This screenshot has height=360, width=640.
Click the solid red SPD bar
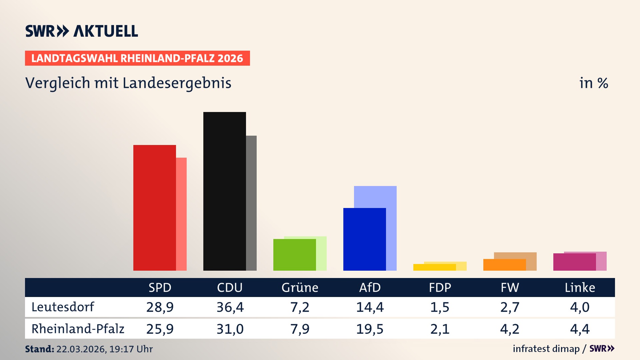[154, 207]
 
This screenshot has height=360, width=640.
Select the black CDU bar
[224, 191]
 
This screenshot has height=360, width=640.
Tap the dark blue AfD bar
[364, 239]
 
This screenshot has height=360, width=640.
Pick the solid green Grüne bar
[294, 255]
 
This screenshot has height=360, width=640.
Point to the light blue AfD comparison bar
[375, 197]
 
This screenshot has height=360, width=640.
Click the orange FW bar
[504, 265]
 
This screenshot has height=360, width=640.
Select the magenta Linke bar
[574, 262]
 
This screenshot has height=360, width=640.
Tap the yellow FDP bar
[434, 267]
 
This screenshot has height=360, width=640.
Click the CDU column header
[230, 287]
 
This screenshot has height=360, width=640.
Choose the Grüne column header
[300, 287]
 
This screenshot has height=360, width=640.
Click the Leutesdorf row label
[63, 307]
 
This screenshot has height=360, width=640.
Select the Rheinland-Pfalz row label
[78, 329]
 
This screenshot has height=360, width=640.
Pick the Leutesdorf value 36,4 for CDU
[230, 307]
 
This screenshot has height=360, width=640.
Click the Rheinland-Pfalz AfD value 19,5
[370, 329]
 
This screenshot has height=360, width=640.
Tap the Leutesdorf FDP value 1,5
[440, 307]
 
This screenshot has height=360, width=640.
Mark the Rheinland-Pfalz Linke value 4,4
[580, 329]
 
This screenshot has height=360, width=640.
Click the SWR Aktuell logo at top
[82, 31]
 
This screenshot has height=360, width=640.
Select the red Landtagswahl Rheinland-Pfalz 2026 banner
[137, 58]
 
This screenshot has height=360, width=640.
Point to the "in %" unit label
[593, 83]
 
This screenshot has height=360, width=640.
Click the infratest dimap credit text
[546, 349]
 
